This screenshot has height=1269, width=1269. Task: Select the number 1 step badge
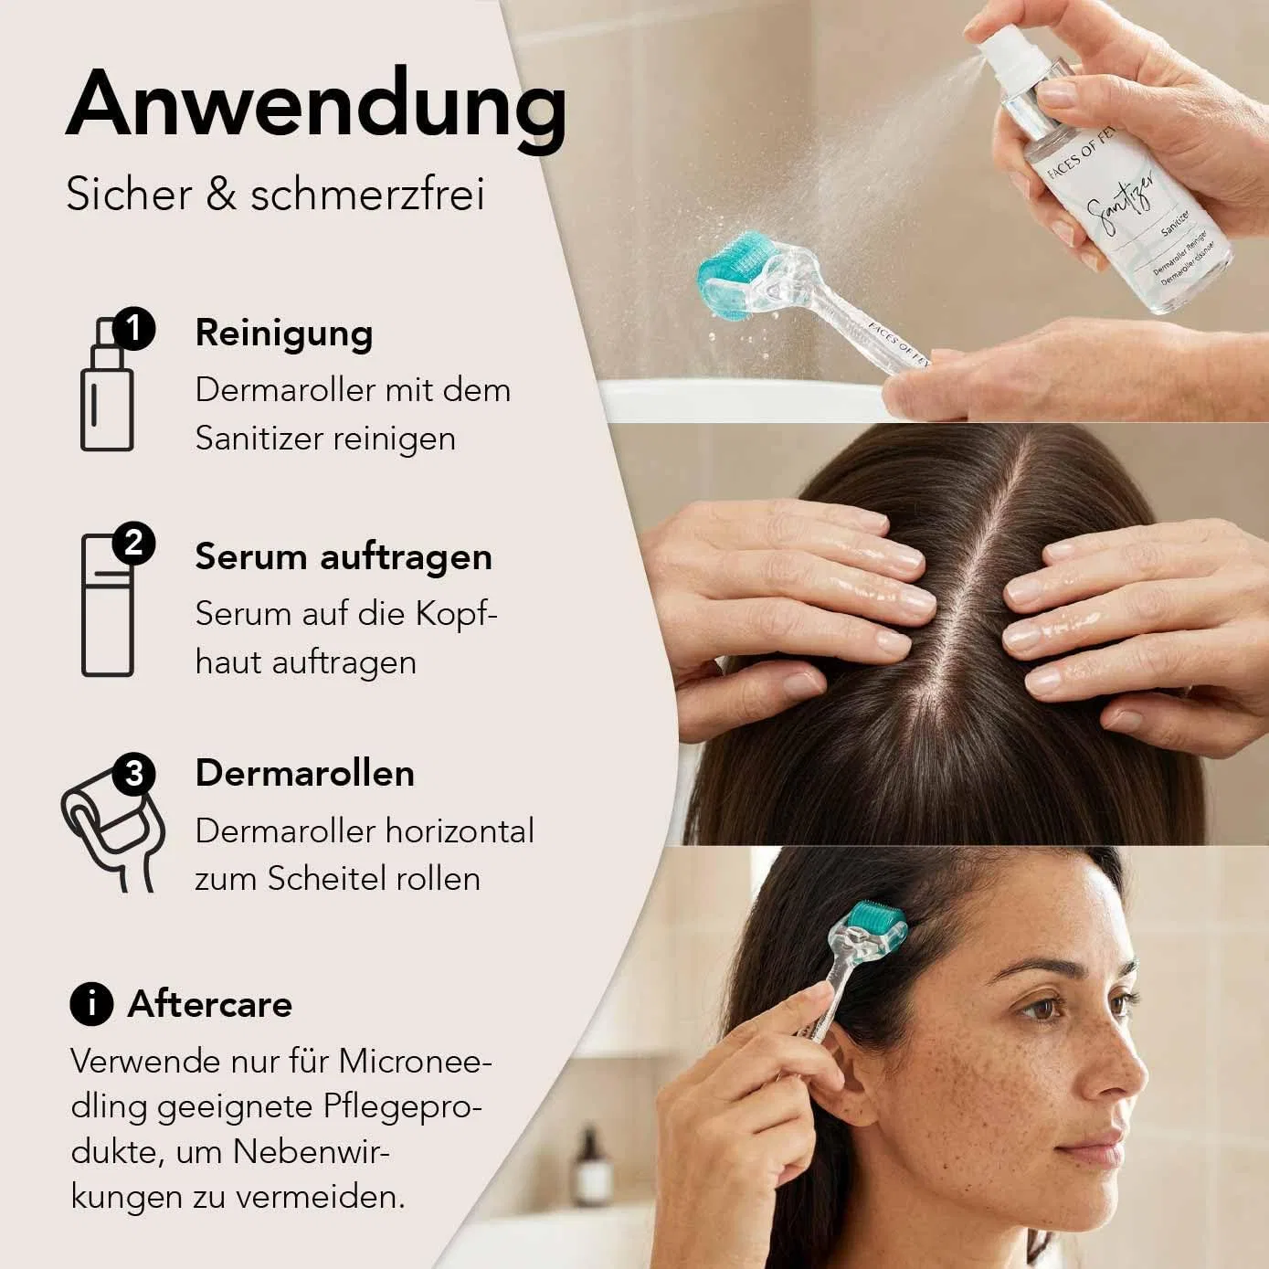click(x=133, y=328)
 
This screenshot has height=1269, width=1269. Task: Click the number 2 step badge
click(x=133, y=544)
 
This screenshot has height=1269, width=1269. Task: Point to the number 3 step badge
click(x=133, y=773)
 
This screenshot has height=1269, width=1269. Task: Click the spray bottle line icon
click(x=107, y=386)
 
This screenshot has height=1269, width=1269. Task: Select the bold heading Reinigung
click(x=284, y=333)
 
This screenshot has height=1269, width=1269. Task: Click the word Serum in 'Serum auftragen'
click(x=251, y=557)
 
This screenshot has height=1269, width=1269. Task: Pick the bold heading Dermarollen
click(x=305, y=773)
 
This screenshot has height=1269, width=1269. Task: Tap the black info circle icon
click(x=91, y=1004)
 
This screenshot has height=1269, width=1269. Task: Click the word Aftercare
click(x=210, y=1004)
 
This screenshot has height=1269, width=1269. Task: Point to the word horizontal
click(x=460, y=831)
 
